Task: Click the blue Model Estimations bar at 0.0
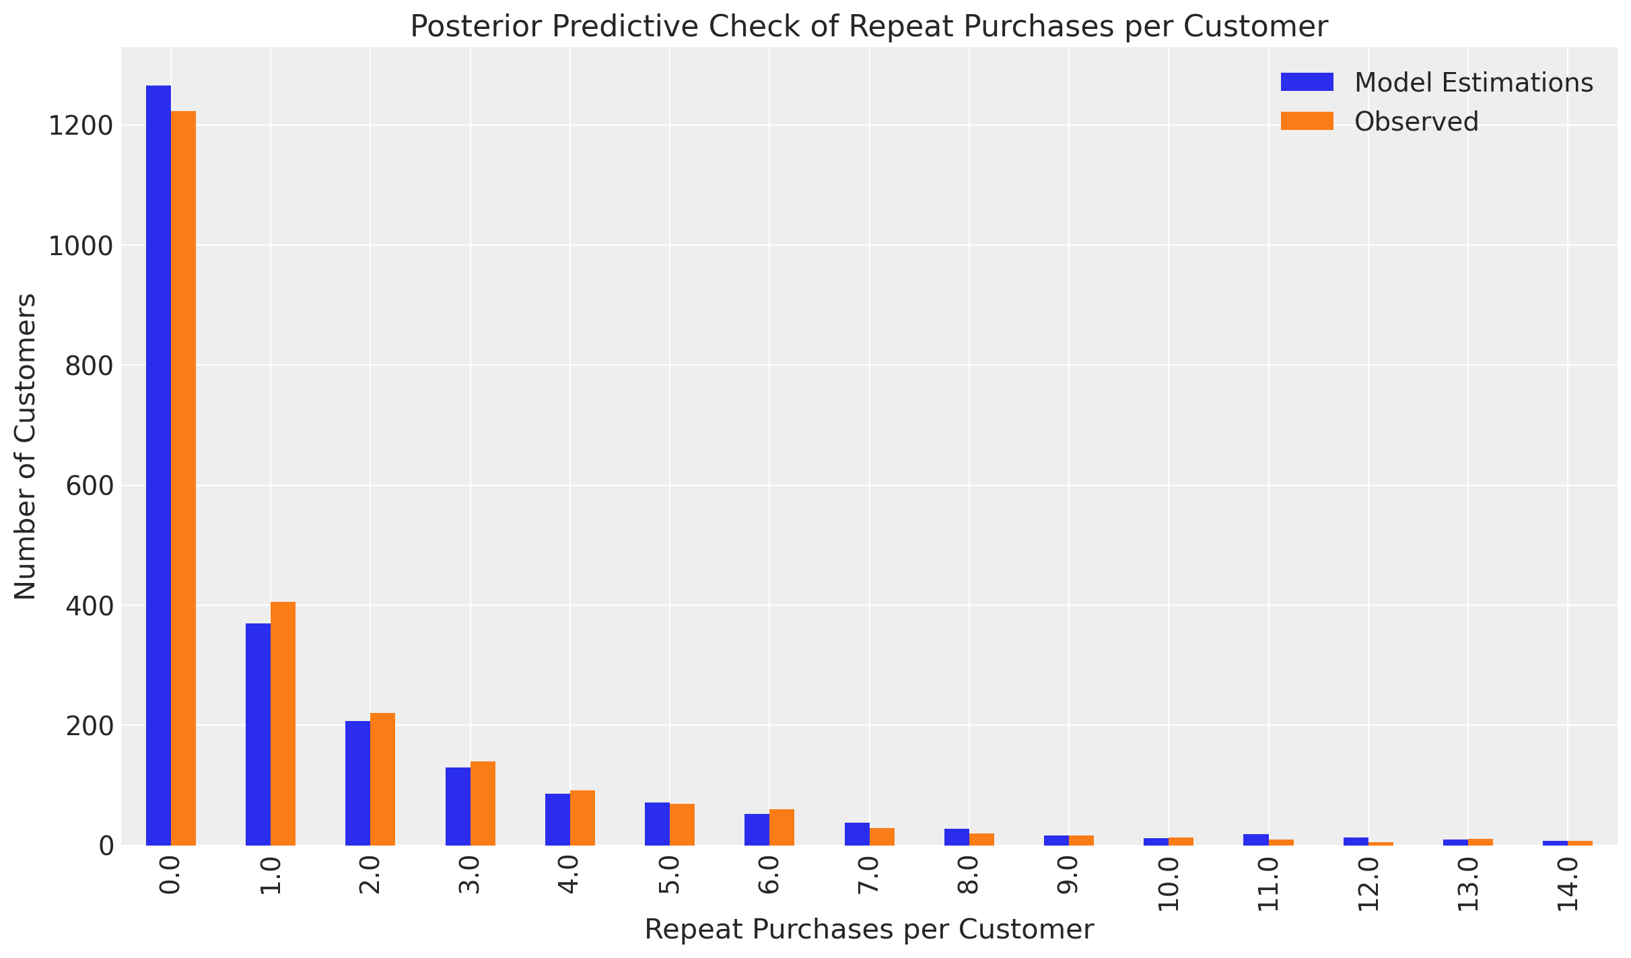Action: point(158,465)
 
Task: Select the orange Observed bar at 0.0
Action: point(183,478)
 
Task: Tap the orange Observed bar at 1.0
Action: point(283,724)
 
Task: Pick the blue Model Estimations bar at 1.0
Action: point(258,734)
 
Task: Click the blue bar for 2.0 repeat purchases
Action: point(357,783)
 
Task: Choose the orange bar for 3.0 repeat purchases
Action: point(483,803)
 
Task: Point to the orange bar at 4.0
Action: point(582,818)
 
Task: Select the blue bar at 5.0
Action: point(657,824)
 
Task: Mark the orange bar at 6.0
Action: point(782,827)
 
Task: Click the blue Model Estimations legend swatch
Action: point(1307,82)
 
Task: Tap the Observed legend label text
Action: point(1416,122)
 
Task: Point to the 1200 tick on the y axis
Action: point(79,126)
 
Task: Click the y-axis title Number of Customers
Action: point(26,446)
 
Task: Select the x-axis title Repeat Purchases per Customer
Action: point(869,930)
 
